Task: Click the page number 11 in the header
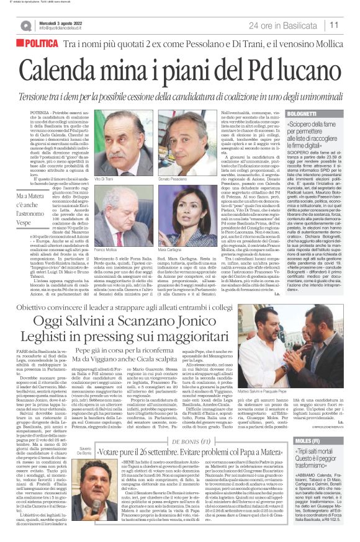point(333,25)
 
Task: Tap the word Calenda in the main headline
point(69,66)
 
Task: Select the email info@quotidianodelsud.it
point(65,29)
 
